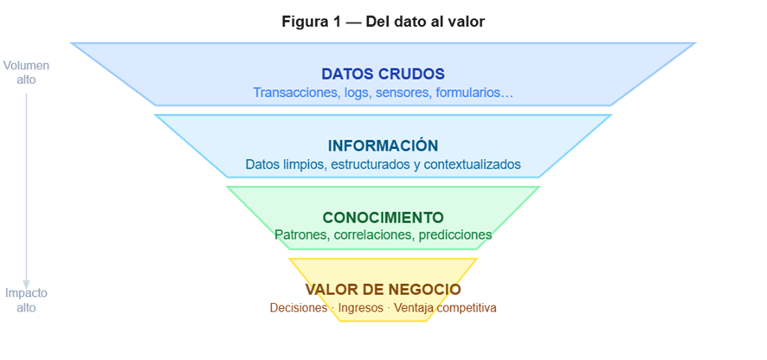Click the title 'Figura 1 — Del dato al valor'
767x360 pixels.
(383, 22)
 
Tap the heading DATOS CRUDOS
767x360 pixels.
(383, 74)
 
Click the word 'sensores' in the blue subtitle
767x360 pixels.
(398, 92)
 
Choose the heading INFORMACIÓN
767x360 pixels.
(383, 145)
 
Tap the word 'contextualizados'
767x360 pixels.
(473, 164)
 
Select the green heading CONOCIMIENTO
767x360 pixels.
(383, 217)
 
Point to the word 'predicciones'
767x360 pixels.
(455, 235)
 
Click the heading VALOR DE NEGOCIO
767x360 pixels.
(383, 289)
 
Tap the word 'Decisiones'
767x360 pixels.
(299, 308)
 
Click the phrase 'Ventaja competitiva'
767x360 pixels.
(445, 308)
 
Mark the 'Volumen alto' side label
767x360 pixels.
(26, 73)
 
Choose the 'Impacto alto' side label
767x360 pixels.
(26, 300)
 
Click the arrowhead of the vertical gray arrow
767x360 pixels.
(27, 285)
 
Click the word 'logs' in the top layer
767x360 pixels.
(356, 93)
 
